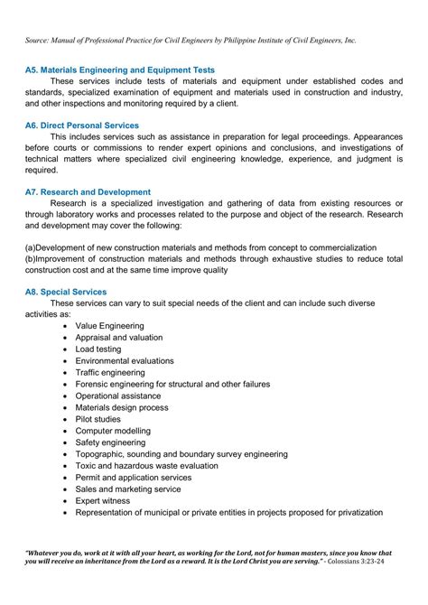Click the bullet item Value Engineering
tap(109, 325)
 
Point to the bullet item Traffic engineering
tap(109, 372)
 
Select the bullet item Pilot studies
tap(98, 419)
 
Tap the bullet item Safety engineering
tap(110, 442)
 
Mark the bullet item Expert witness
tap(102, 500)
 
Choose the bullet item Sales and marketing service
tap(127, 489)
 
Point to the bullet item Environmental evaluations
tap(125, 360)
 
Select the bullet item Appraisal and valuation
tap(118, 337)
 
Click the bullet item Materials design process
tap(121, 407)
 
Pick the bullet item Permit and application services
tap(133, 477)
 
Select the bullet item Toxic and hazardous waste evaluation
tap(146, 465)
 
